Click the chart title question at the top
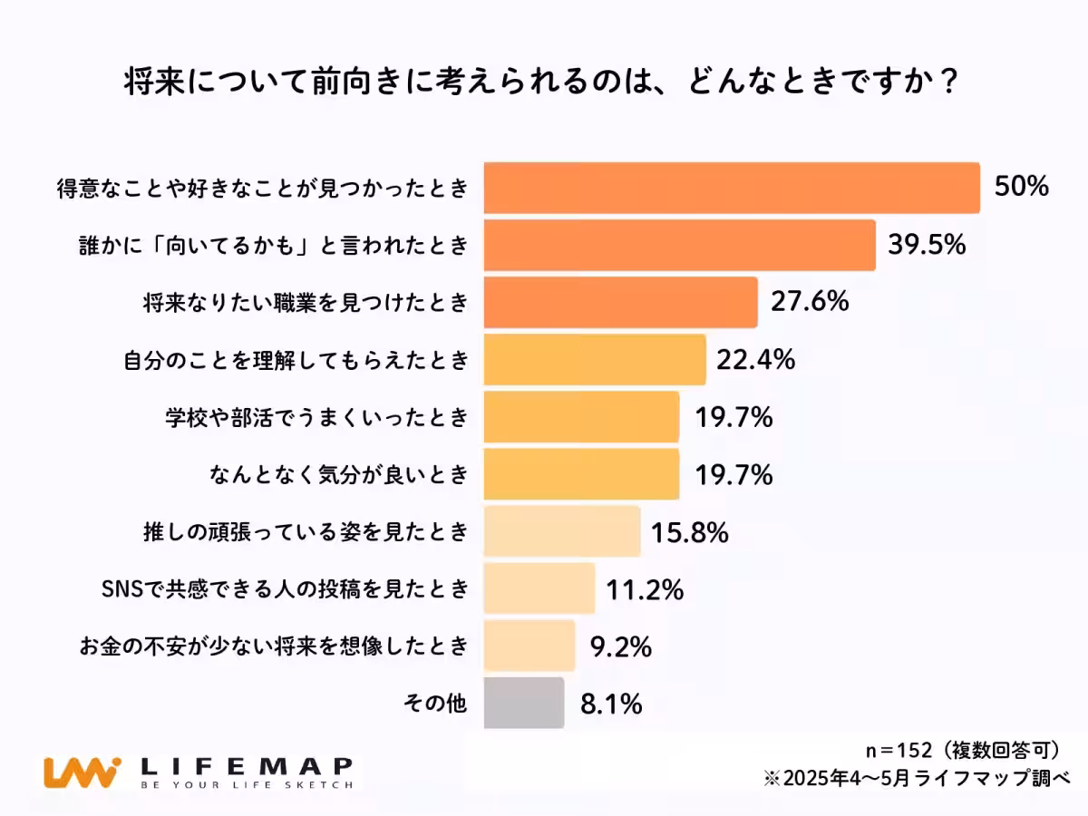(541, 84)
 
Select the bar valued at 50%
(731, 189)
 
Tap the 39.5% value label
(926, 245)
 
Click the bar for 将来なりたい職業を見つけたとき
(620, 302)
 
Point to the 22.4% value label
(755, 360)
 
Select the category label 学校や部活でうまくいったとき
(316, 417)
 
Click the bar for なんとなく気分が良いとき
(581, 473)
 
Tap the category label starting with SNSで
(286, 588)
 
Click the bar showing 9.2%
(529, 645)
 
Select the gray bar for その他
(523, 703)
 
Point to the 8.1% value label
(612, 704)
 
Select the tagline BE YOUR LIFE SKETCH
(247, 785)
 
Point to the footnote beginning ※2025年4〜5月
(917, 778)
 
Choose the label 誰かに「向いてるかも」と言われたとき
(272, 246)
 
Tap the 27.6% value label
(810, 302)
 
